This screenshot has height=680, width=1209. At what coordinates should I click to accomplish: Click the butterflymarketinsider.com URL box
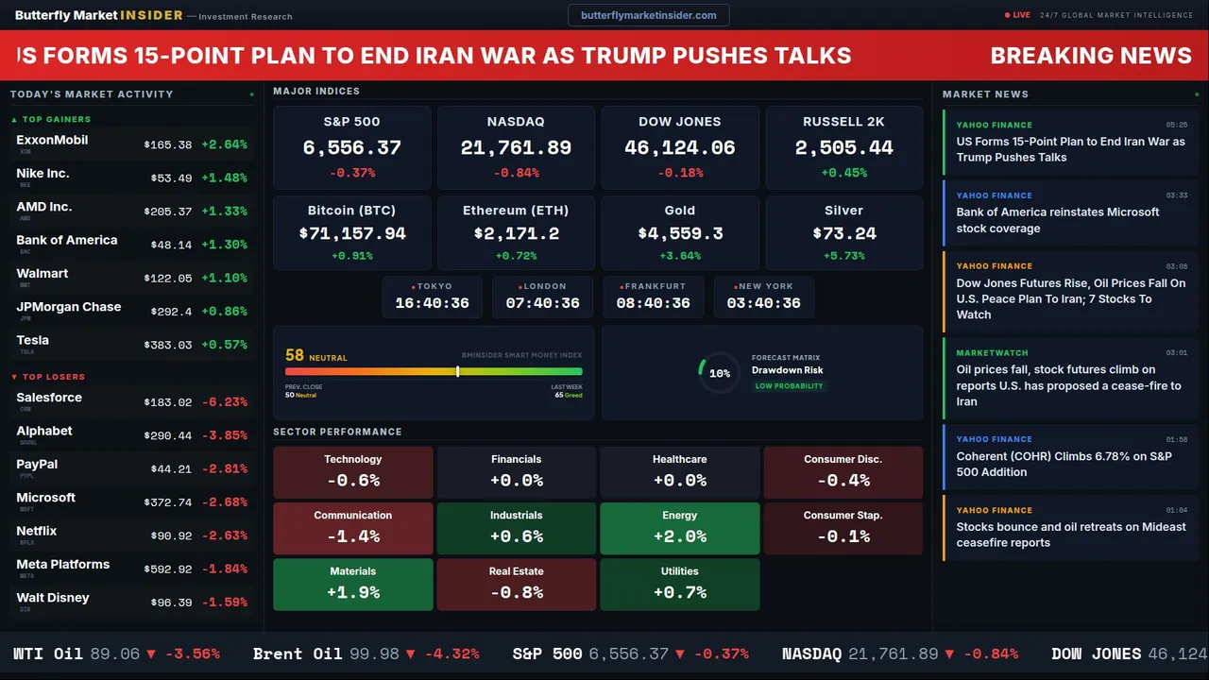pos(649,15)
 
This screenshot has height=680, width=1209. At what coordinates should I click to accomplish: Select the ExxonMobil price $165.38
pos(168,145)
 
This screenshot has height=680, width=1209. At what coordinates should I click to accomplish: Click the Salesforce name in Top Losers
pos(49,398)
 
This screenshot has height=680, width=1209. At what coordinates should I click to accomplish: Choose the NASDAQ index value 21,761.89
pos(516,148)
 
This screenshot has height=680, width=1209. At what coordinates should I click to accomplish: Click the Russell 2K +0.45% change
pos(843,173)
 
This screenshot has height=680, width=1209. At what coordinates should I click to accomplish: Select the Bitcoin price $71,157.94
pos(352,233)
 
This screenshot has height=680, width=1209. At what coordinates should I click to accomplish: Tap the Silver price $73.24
pos(843,233)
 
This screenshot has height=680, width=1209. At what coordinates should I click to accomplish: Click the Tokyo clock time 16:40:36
pos(432,303)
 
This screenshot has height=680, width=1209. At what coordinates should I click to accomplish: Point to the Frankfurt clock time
pos(653,303)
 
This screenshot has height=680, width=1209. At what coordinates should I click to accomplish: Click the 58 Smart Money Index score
pos(295,355)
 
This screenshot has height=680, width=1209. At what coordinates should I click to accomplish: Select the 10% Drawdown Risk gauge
pos(719,373)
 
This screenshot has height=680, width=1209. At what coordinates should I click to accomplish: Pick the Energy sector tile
pos(679,528)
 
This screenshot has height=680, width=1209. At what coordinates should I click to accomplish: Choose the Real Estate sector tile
pos(516,585)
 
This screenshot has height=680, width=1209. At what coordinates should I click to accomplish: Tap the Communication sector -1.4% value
pos(352,536)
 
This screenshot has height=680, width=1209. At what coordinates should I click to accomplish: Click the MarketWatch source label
pos(992,353)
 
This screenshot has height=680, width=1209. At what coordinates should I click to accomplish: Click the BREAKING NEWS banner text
pos(1091,56)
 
